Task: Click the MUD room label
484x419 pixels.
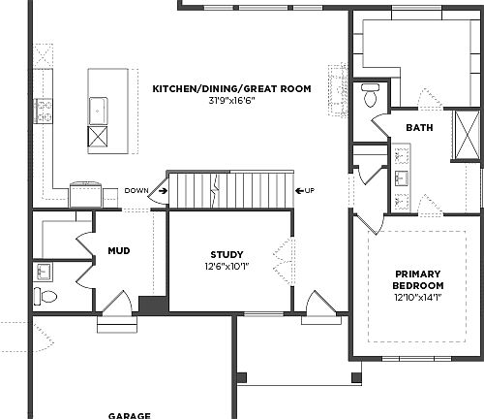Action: [119, 251]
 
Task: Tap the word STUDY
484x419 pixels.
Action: [227, 254]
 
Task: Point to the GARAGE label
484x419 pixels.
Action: [129, 414]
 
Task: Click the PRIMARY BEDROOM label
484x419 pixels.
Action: [418, 279]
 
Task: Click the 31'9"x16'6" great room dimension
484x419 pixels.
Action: [230, 102]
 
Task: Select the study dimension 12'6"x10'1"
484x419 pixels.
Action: [227, 267]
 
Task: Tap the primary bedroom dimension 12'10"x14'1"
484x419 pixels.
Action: [418, 299]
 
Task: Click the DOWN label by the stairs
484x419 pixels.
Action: [136, 190]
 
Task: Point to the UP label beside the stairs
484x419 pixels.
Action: [310, 190]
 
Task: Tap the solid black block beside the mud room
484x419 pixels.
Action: [153, 304]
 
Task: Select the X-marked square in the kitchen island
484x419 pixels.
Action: [98, 136]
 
